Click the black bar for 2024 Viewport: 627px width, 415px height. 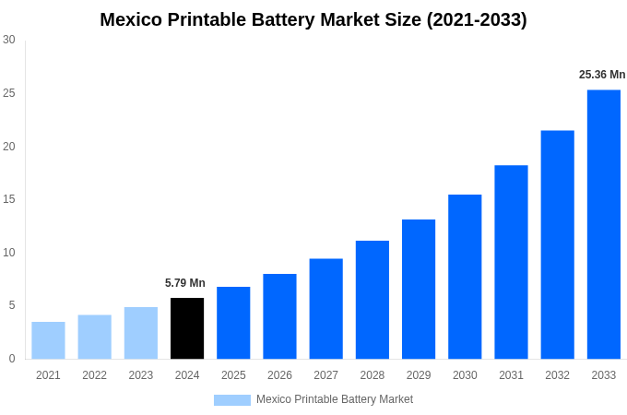click(x=187, y=328)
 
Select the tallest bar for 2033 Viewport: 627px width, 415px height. click(x=603, y=224)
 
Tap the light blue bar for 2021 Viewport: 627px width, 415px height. click(x=48, y=340)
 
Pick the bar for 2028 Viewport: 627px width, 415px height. click(x=372, y=300)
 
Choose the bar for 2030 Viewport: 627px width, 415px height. click(x=465, y=277)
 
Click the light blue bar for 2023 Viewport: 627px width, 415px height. click(x=141, y=333)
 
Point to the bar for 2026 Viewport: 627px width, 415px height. click(x=279, y=316)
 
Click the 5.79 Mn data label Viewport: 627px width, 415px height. click(x=185, y=283)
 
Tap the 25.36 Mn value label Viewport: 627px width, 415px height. click(x=602, y=75)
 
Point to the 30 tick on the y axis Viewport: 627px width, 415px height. click(x=9, y=40)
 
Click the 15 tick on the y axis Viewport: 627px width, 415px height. click(x=9, y=199)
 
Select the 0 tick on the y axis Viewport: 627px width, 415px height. click(x=12, y=359)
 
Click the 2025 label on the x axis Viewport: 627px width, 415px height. click(x=233, y=375)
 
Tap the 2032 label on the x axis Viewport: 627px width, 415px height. click(x=557, y=375)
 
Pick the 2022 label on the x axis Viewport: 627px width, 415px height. click(x=94, y=375)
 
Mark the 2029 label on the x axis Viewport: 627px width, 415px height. click(x=419, y=375)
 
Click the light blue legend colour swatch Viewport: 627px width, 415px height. click(x=232, y=400)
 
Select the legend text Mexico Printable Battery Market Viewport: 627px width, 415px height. click(x=335, y=399)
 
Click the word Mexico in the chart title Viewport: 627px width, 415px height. click(x=132, y=19)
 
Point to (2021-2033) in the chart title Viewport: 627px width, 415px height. click(x=477, y=19)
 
